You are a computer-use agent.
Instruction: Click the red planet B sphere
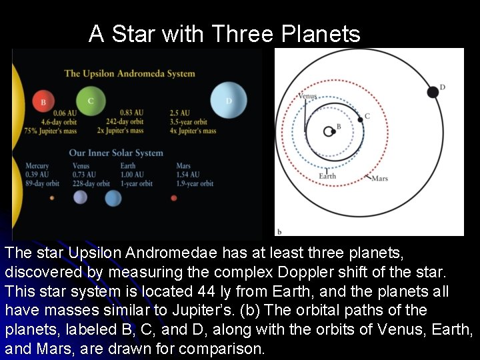point(43,101)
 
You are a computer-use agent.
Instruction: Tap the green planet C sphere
point(91,100)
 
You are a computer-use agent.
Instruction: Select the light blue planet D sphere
point(229,101)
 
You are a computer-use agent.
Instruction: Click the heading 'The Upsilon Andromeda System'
point(129,73)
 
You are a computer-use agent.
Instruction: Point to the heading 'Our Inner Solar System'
point(116,153)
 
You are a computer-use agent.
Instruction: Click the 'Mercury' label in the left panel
point(37,166)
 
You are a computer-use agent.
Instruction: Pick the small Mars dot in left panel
point(174,198)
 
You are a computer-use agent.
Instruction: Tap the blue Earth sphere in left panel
point(113,198)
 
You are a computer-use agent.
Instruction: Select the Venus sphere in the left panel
point(80,197)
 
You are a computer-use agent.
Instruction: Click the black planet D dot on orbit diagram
point(433,92)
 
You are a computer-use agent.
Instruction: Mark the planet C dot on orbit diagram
point(361,119)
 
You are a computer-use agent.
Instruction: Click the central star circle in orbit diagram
point(329,131)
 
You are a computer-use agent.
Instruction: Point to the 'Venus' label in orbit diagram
point(307,96)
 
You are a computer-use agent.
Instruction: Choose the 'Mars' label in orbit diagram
point(379,178)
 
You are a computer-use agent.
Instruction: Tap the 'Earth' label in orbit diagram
point(327,176)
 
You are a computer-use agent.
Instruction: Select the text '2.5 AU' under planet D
point(179,113)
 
